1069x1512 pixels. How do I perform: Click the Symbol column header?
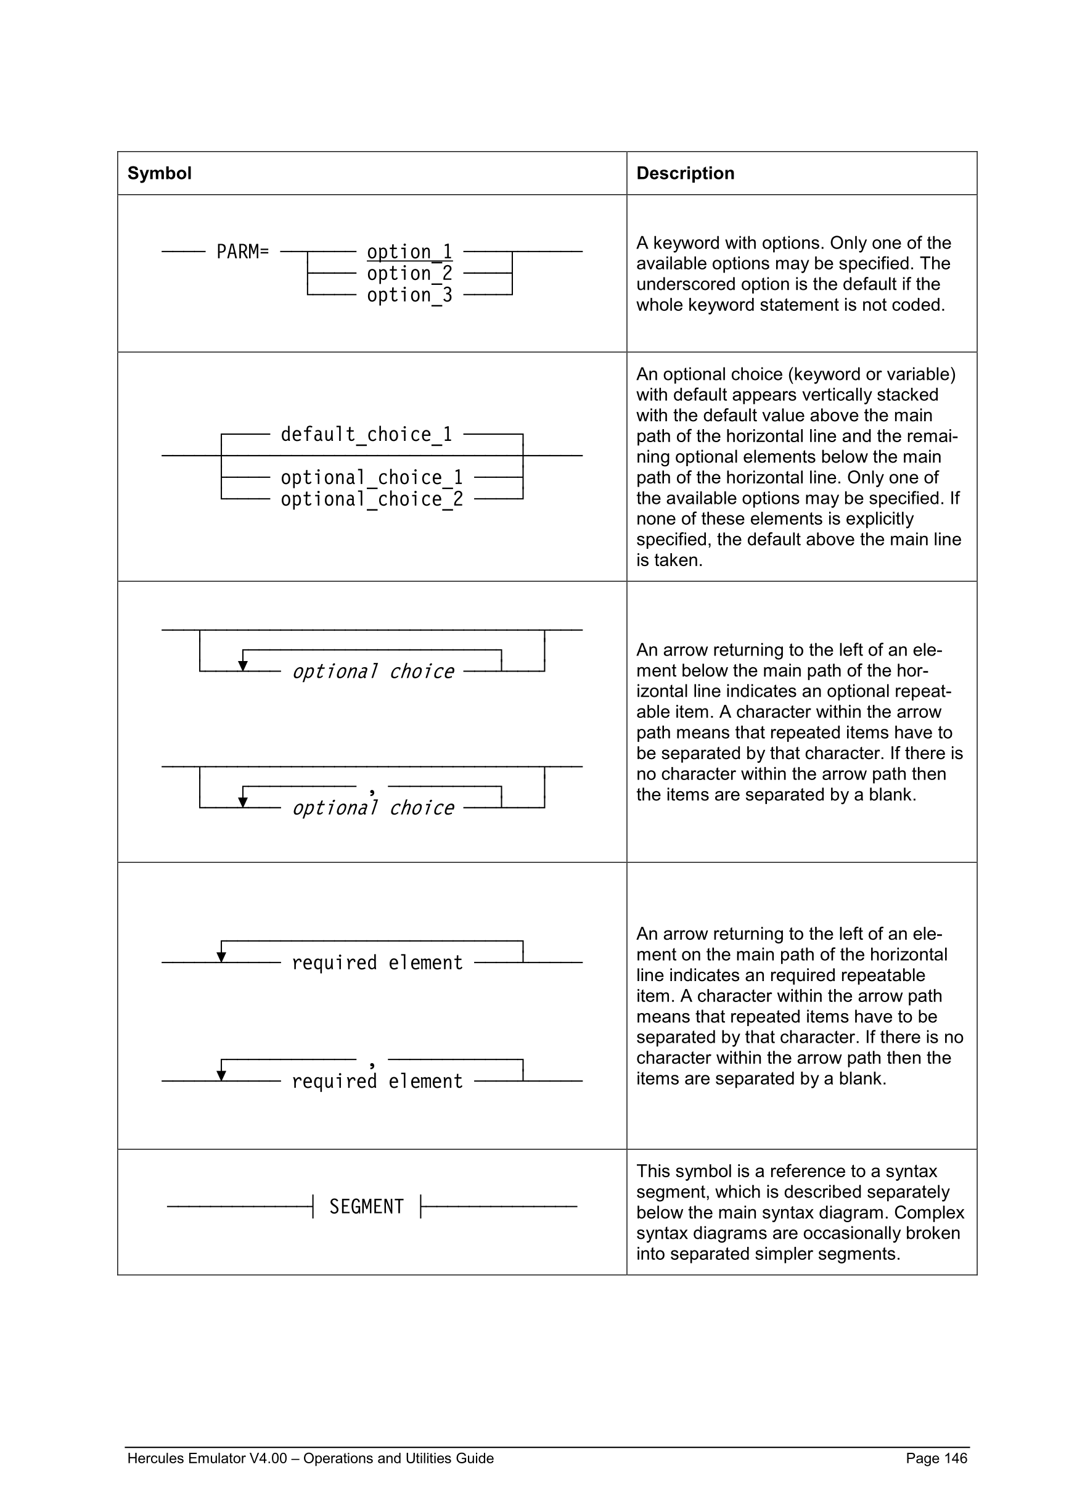[159, 173]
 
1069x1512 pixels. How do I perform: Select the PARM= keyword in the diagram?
[242, 252]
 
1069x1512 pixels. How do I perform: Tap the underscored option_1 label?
[409, 252]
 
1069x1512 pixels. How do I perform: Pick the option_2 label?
[409, 273]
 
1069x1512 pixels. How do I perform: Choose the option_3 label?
[409, 295]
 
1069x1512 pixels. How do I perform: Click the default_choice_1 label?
[366, 435]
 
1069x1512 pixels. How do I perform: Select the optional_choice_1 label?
[372, 477]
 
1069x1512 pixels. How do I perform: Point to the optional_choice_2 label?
[372, 499]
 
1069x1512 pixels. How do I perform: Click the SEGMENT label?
[366, 1206]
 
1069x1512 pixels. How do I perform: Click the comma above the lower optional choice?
[372, 791]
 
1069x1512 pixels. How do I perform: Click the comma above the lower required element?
[372, 1064]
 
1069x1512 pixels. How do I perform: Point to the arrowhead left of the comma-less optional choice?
[243, 666]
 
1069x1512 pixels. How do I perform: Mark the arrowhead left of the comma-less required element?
[221, 957]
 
